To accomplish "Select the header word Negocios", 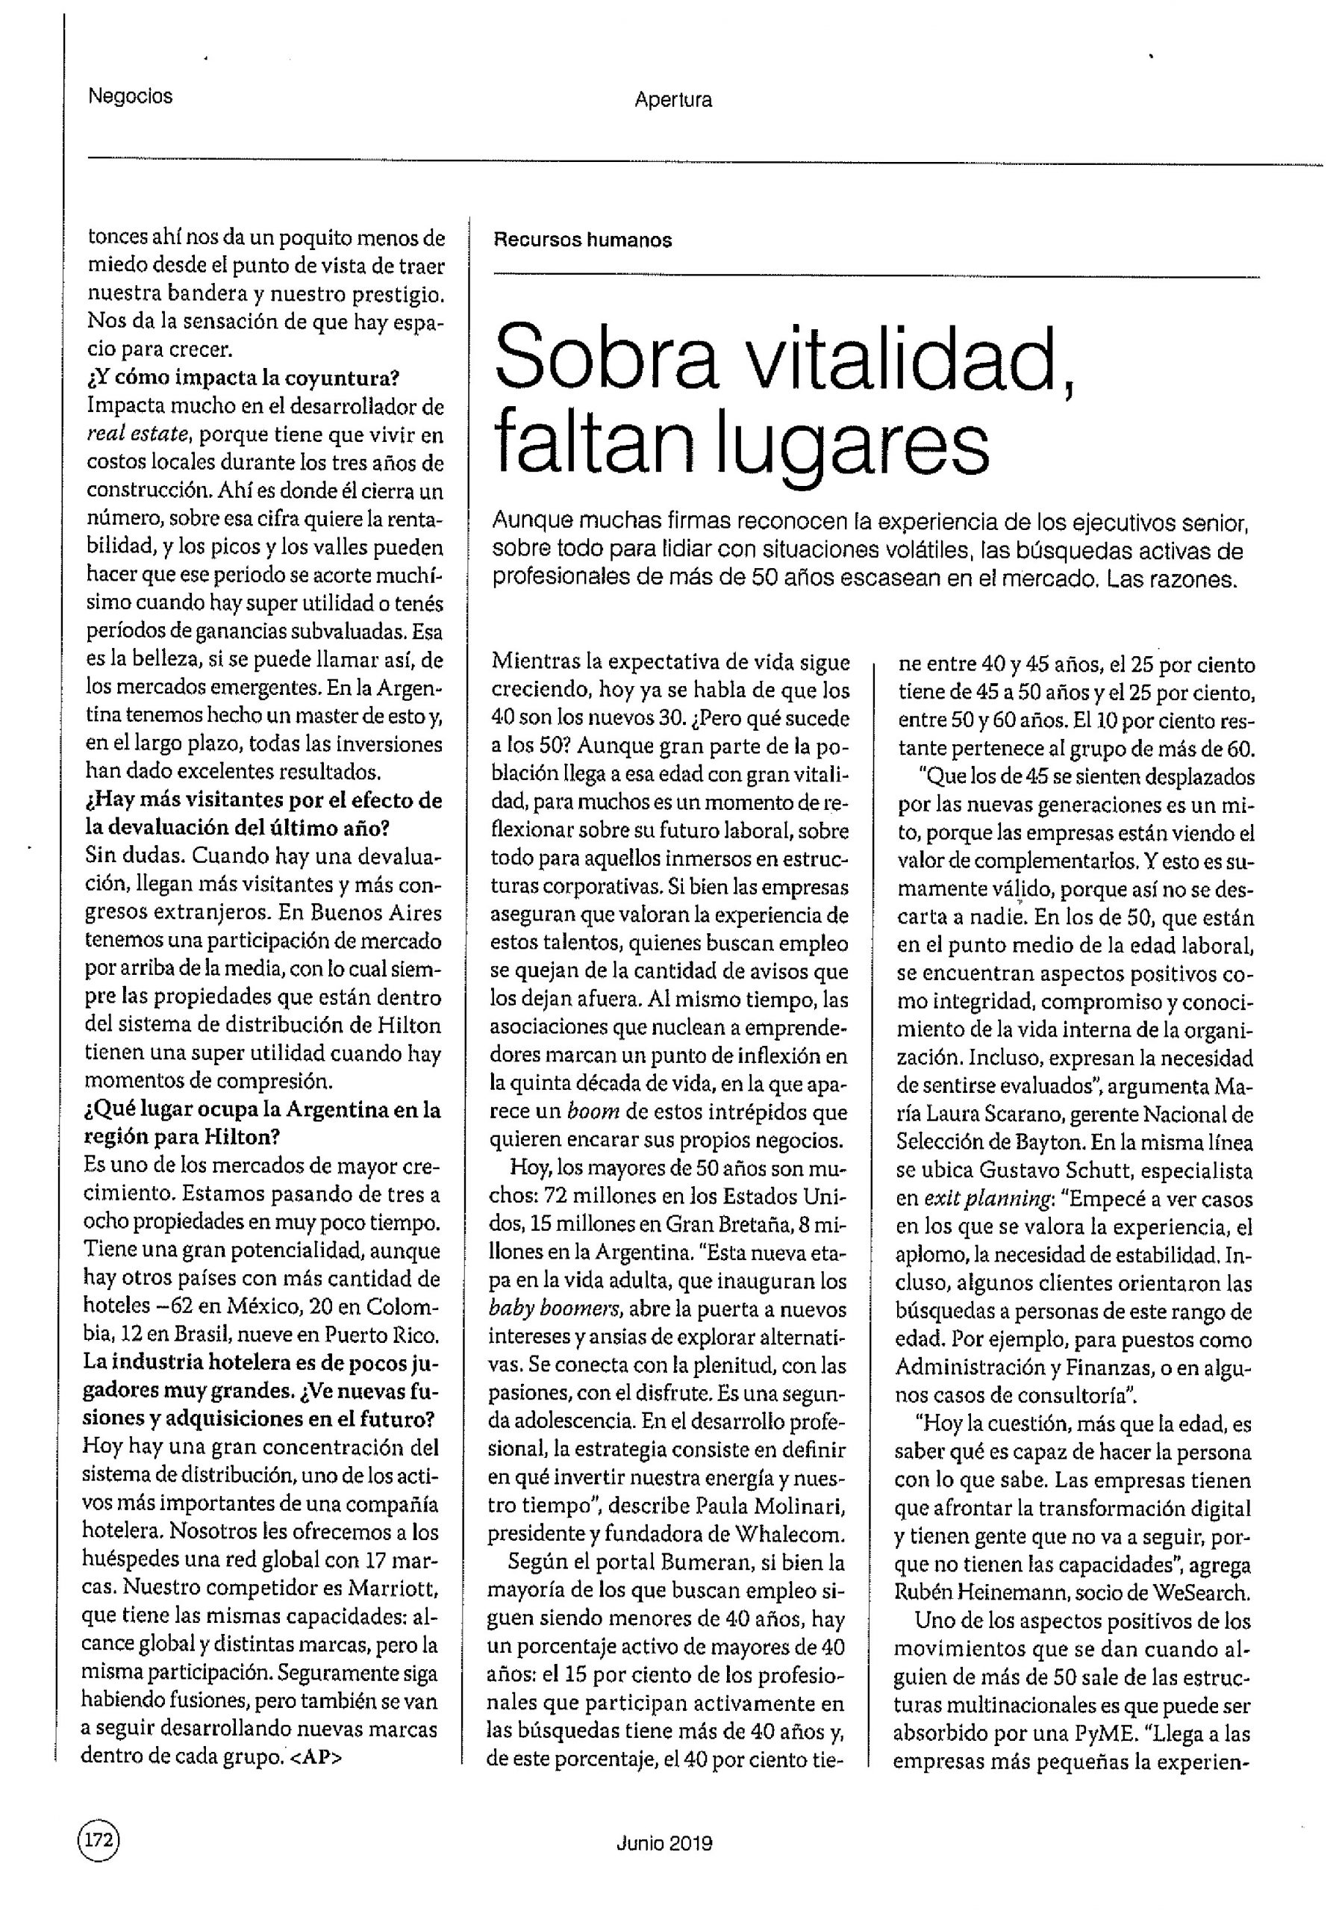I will tap(131, 96).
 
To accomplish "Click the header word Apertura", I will tap(672, 100).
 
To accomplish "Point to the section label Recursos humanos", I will tap(583, 240).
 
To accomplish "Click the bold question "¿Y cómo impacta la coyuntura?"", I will tap(241, 378).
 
